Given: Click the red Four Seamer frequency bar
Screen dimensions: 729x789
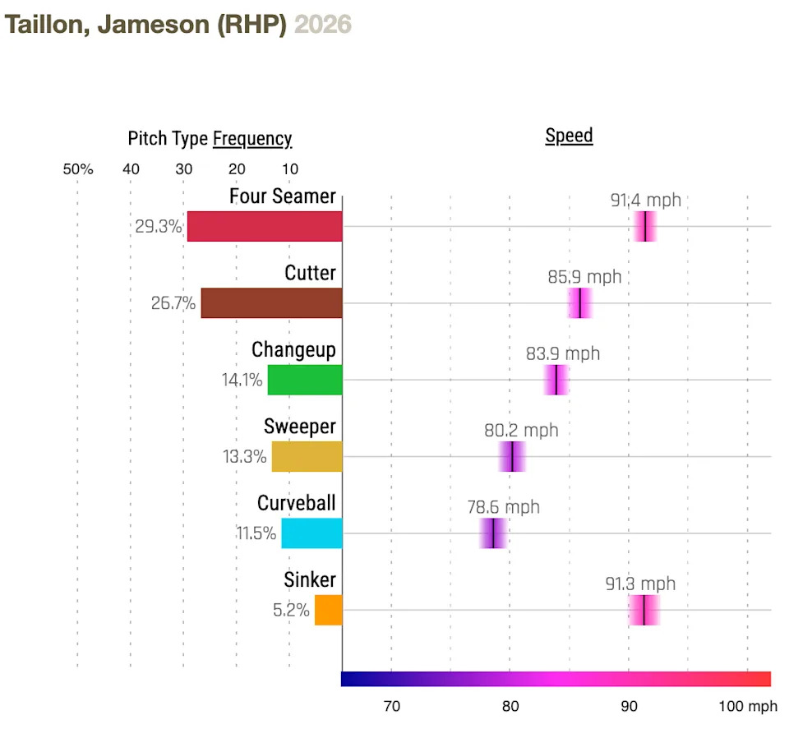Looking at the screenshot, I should click(265, 227).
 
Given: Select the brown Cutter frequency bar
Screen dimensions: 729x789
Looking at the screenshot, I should click(271, 303).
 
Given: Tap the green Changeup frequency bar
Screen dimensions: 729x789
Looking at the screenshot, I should click(305, 380).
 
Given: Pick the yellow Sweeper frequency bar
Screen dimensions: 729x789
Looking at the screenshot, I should click(307, 456).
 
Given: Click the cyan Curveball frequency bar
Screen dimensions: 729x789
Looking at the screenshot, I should click(311, 533).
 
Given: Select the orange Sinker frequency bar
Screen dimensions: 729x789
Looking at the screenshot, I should click(328, 610).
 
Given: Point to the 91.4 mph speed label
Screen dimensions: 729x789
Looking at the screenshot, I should click(645, 200).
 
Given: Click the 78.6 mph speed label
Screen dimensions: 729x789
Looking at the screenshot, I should click(504, 506).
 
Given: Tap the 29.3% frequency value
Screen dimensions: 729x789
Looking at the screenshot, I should click(159, 227).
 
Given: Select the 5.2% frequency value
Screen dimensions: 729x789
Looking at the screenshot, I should click(292, 611).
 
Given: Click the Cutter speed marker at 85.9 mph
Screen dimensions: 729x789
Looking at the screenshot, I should click(580, 303).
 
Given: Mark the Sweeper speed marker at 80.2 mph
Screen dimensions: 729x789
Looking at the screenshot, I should click(512, 456).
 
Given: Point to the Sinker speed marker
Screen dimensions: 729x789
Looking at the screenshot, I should click(644, 610).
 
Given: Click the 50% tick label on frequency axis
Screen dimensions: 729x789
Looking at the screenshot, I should click(78, 169).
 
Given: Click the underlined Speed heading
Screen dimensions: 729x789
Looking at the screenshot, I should click(569, 136).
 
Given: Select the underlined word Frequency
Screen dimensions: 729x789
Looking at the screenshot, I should click(252, 139).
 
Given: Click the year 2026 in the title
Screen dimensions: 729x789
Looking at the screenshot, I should click(323, 25).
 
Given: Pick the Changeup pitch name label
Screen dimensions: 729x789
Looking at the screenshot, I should click(293, 350).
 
